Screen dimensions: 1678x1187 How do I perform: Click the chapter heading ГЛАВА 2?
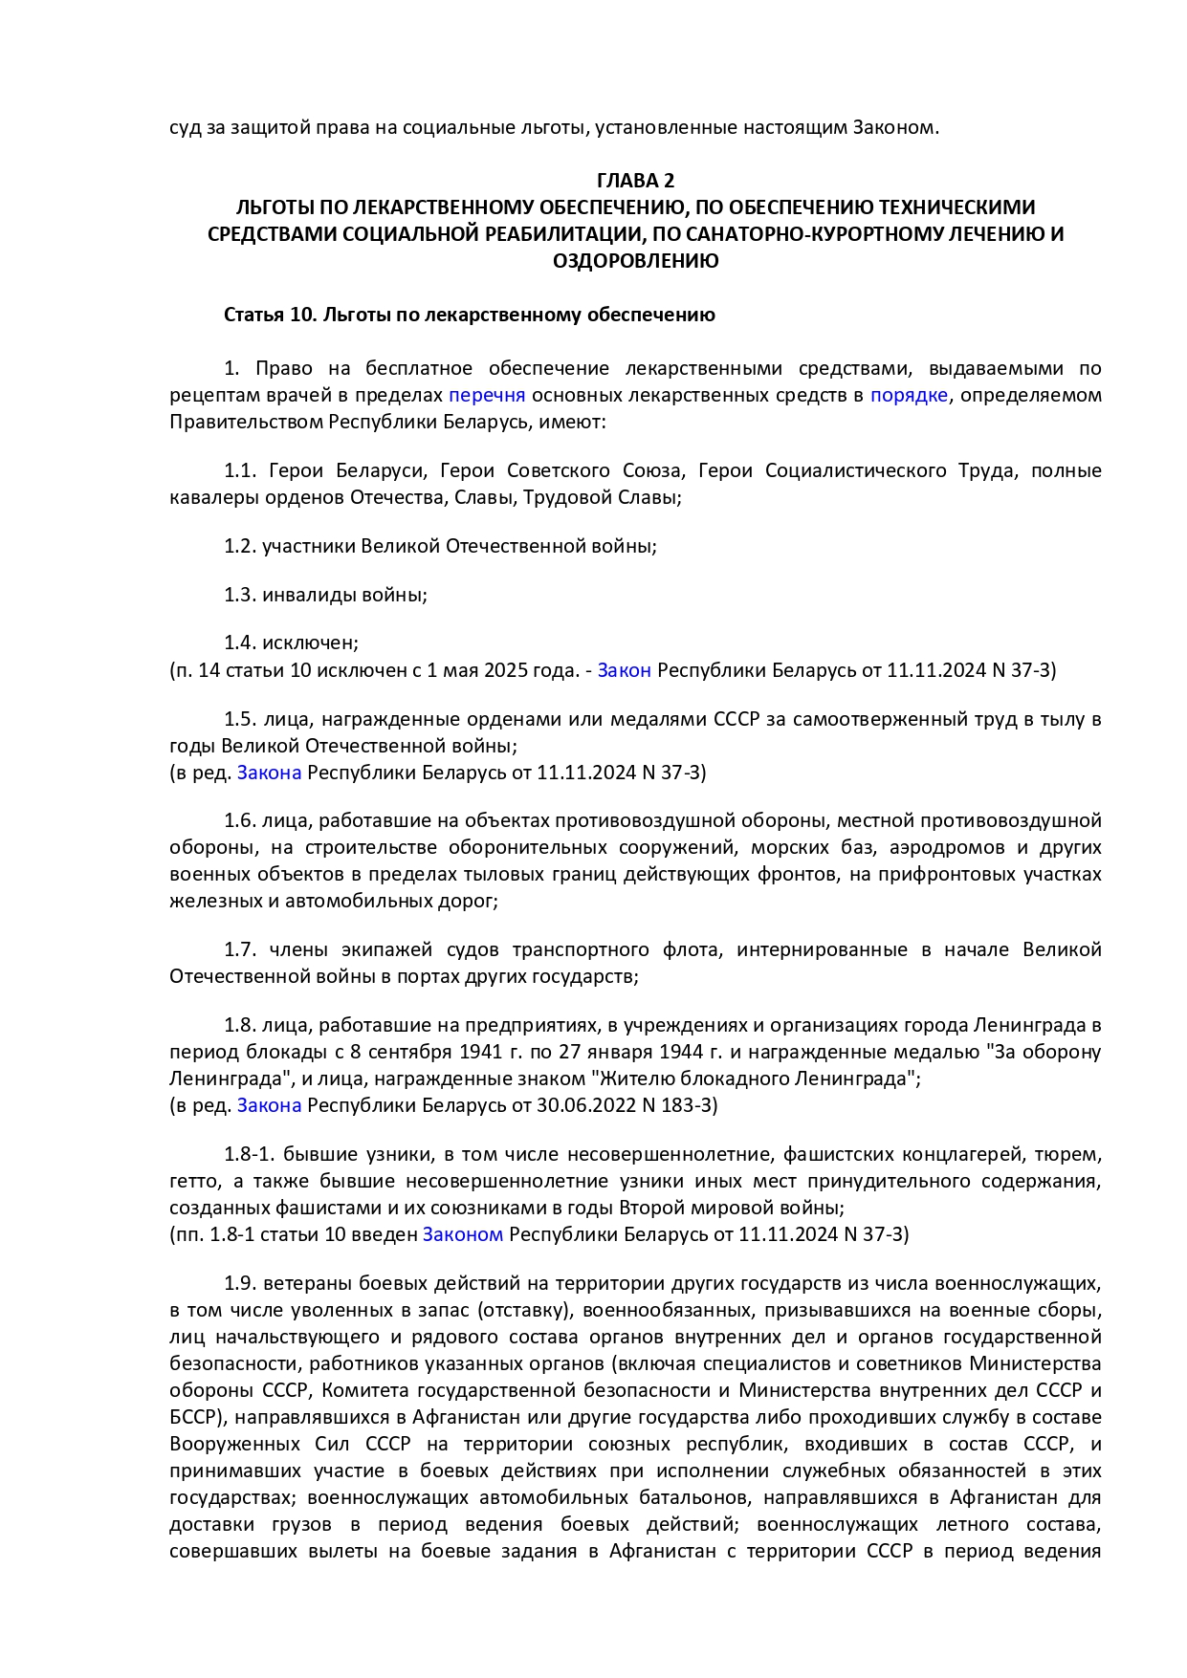point(635,181)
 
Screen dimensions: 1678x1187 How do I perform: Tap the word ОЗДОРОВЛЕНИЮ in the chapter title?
point(635,261)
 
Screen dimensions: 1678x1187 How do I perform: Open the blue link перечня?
point(487,395)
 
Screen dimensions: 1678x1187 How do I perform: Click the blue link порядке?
point(909,395)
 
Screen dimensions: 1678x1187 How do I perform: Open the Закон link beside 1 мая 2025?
point(624,670)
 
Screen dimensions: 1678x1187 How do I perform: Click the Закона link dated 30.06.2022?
point(269,1105)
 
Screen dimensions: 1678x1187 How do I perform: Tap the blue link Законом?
point(462,1234)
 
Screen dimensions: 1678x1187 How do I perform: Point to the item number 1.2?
point(240,546)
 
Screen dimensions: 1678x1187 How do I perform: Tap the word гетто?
point(195,1181)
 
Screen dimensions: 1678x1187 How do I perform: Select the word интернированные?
point(822,949)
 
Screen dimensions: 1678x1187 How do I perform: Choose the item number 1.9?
point(240,1283)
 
